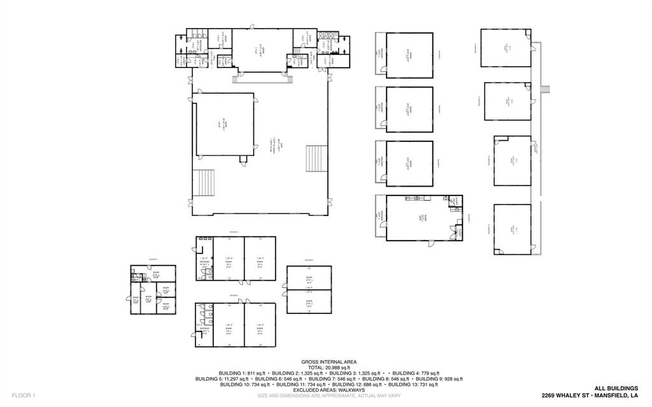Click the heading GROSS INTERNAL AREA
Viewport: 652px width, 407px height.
tap(326, 362)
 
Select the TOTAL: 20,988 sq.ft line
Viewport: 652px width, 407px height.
tap(326, 368)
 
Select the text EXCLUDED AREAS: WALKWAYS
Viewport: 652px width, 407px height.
tap(326, 390)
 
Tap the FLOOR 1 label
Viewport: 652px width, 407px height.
tap(24, 396)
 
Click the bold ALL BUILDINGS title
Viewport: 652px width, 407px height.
tap(616, 388)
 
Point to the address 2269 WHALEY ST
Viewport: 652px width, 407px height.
tap(565, 396)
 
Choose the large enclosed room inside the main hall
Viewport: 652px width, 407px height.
tap(225, 124)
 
